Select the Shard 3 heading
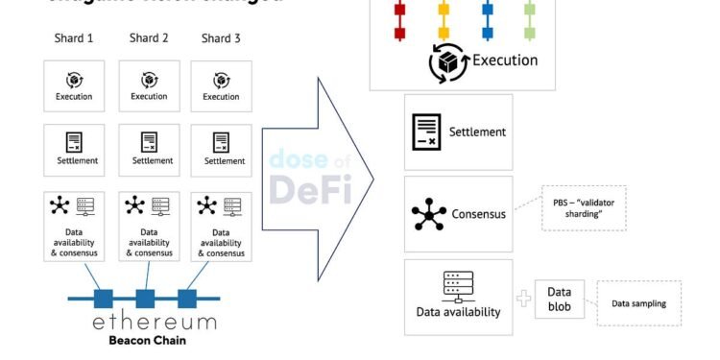(x=221, y=38)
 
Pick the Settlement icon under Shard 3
(x=222, y=141)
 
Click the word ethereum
(x=154, y=321)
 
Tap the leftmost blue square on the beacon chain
(x=102, y=297)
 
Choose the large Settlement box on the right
(x=458, y=132)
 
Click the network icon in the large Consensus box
(x=428, y=213)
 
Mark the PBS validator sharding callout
(x=584, y=207)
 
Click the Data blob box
(x=559, y=299)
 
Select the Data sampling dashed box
(x=638, y=303)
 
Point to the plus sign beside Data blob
(x=523, y=299)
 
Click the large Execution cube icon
(x=448, y=61)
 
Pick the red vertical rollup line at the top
(x=399, y=19)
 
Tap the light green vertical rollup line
(x=530, y=19)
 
